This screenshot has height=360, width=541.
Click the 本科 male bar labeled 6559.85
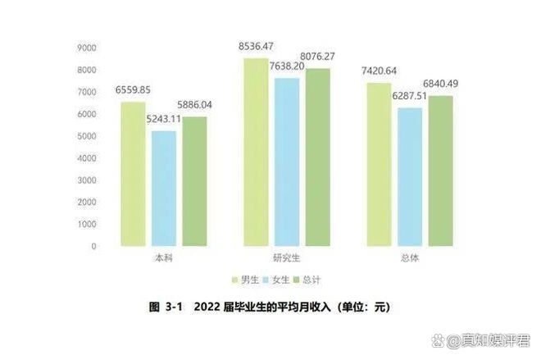[134, 174]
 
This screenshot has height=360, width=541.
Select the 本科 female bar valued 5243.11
[164, 189]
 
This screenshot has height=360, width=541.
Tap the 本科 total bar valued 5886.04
[194, 181]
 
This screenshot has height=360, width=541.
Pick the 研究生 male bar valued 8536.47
[256, 152]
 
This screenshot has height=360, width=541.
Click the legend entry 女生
[277, 280]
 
